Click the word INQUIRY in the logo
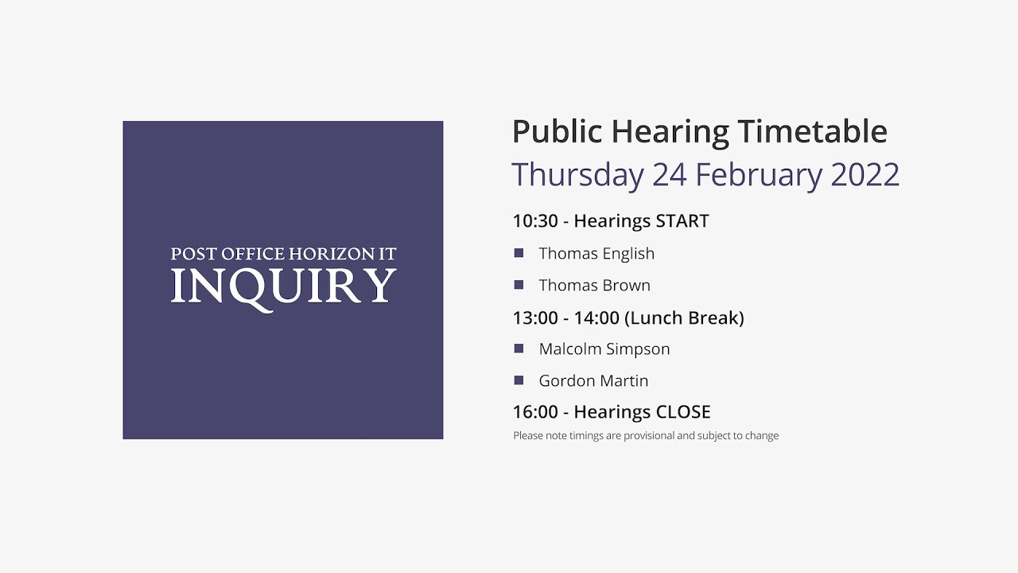(283, 286)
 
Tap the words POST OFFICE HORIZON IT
(283, 255)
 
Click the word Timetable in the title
(812, 132)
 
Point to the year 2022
(865, 175)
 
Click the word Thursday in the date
(577, 175)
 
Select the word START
(682, 221)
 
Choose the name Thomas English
(596, 254)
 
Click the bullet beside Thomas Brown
(519, 285)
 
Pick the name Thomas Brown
(594, 286)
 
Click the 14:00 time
(596, 318)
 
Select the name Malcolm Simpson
(604, 349)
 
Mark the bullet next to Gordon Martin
(519, 380)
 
